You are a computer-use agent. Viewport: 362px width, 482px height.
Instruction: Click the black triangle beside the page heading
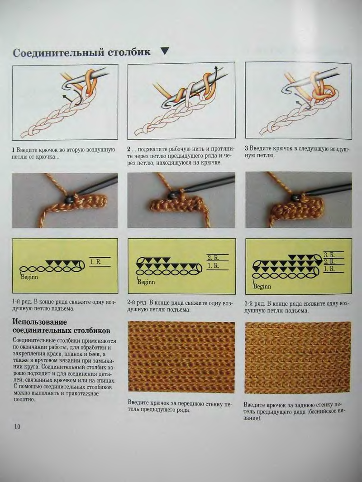pyautogui.click(x=165, y=51)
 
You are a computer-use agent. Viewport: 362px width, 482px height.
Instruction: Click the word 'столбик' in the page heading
pyautogui.click(x=129, y=52)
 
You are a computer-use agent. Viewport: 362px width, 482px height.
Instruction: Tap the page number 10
pyautogui.click(x=17, y=426)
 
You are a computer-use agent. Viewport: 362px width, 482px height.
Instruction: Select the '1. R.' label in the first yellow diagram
pyautogui.click(x=95, y=262)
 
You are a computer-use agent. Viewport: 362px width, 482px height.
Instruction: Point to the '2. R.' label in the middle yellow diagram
pyautogui.click(x=213, y=258)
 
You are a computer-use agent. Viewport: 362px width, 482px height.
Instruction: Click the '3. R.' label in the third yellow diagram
pyautogui.click(x=329, y=255)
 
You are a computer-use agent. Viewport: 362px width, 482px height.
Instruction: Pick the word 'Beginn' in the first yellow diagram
pyautogui.click(x=29, y=277)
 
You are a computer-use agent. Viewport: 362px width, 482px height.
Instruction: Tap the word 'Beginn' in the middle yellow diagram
pyautogui.click(x=146, y=282)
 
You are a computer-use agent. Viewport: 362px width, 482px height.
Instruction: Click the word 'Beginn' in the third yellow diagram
pyautogui.click(x=262, y=287)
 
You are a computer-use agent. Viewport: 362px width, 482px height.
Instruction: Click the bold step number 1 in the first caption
pyautogui.click(x=13, y=150)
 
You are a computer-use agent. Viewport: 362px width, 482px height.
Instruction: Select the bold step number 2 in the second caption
pyautogui.click(x=129, y=150)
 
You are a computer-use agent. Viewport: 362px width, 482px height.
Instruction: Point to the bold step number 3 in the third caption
pyautogui.click(x=246, y=148)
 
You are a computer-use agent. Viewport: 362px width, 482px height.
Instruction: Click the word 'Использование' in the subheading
pyautogui.click(x=40, y=322)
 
